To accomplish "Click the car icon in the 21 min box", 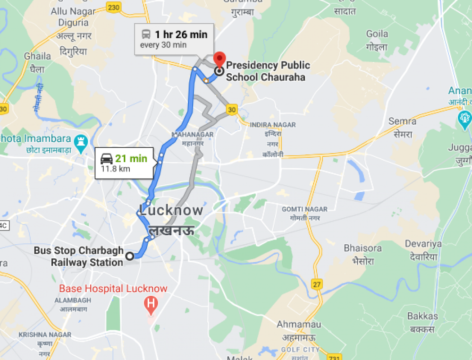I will (x=107, y=159).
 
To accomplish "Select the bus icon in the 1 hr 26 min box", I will (x=146, y=34).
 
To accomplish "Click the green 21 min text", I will (x=132, y=159).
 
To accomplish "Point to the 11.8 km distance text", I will (x=116, y=169).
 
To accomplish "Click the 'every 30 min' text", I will (x=163, y=45).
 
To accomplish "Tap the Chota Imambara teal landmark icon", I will (x=81, y=140).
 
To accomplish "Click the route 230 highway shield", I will (x=113, y=7).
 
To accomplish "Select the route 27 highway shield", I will (x=317, y=284).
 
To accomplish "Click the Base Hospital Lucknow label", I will (x=113, y=288).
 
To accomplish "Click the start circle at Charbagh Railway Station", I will (x=129, y=256).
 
